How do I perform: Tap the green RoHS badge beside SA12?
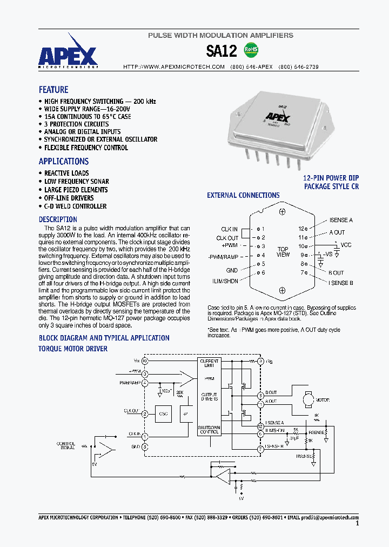pos(251,50)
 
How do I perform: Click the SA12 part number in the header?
pos(222,51)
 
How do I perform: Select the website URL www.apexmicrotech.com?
pos(174,67)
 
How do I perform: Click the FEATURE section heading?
pos(53,90)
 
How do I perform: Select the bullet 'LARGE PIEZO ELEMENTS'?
pos(76,190)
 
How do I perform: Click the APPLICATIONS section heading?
pos(63,161)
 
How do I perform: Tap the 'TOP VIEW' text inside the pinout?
pos(283,251)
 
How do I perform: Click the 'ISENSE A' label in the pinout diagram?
pos(341,221)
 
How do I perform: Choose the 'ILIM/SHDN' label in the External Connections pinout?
pos(225,282)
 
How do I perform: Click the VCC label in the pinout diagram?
pos(346,245)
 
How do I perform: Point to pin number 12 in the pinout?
pos(301,229)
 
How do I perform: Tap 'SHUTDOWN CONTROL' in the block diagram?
pos(209,429)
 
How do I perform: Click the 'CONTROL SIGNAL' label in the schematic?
pos(66,446)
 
